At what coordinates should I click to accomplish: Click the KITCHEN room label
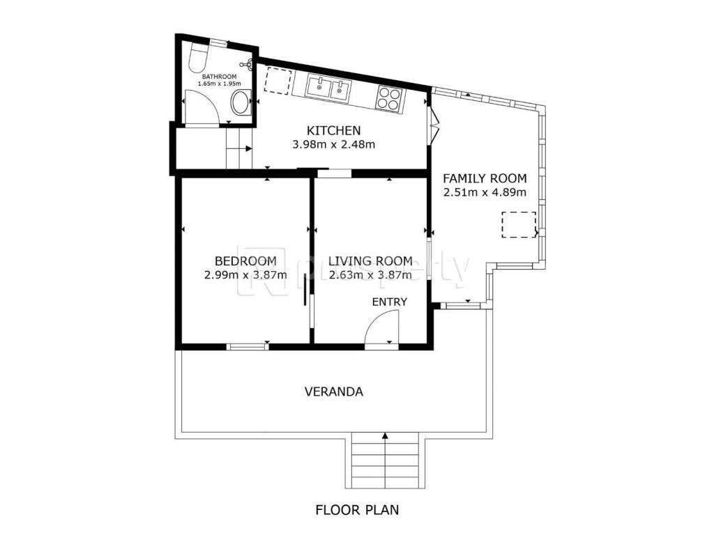click(x=334, y=130)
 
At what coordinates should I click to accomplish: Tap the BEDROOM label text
click(x=245, y=261)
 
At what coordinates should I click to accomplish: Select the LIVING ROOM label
click(x=371, y=261)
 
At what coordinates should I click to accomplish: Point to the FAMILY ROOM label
click(x=485, y=178)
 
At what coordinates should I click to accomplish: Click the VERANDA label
click(x=334, y=391)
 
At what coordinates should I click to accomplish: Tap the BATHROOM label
click(x=220, y=77)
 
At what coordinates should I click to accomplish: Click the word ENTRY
click(x=390, y=302)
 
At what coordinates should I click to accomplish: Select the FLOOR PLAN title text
click(x=358, y=510)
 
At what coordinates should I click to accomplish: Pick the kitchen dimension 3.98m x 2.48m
click(x=334, y=145)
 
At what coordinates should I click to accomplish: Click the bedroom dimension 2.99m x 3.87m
click(x=245, y=274)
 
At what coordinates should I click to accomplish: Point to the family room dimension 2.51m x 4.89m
click(x=485, y=192)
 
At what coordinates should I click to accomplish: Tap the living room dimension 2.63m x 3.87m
click(x=371, y=274)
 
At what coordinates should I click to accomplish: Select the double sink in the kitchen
click(x=329, y=88)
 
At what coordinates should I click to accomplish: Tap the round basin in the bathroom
click(x=241, y=102)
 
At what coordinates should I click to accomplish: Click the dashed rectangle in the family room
click(x=519, y=225)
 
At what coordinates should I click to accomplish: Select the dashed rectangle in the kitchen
click(x=278, y=81)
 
